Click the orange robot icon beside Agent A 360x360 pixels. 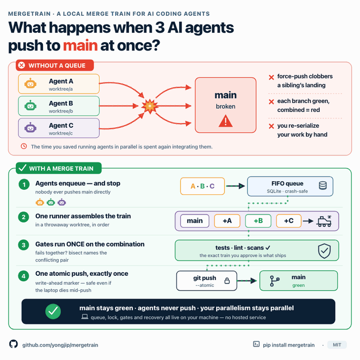coord(30,84)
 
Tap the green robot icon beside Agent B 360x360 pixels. coord(30,106)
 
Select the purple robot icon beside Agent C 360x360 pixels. coord(30,128)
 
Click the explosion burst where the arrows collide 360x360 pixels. coord(150,106)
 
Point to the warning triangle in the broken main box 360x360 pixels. coord(225,121)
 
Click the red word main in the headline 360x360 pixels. coord(81,45)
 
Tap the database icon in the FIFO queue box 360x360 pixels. coord(323,186)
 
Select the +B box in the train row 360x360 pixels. coord(258,221)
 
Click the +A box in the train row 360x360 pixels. coord(227,221)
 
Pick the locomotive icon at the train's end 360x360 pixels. coord(324,221)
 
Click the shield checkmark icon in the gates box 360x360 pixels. coord(324,251)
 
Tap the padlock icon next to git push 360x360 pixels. coord(227,280)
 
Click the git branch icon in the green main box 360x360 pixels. coord(274,281)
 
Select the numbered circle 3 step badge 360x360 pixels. coord(24,245)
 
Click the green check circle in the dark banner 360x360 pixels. coord(53,311)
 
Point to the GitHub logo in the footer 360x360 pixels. coord(13,344)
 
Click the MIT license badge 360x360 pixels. coord(337,345)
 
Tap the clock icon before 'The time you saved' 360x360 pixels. coord(24,146)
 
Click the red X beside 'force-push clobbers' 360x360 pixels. coord(271,77)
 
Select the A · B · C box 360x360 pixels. coord(203,186)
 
